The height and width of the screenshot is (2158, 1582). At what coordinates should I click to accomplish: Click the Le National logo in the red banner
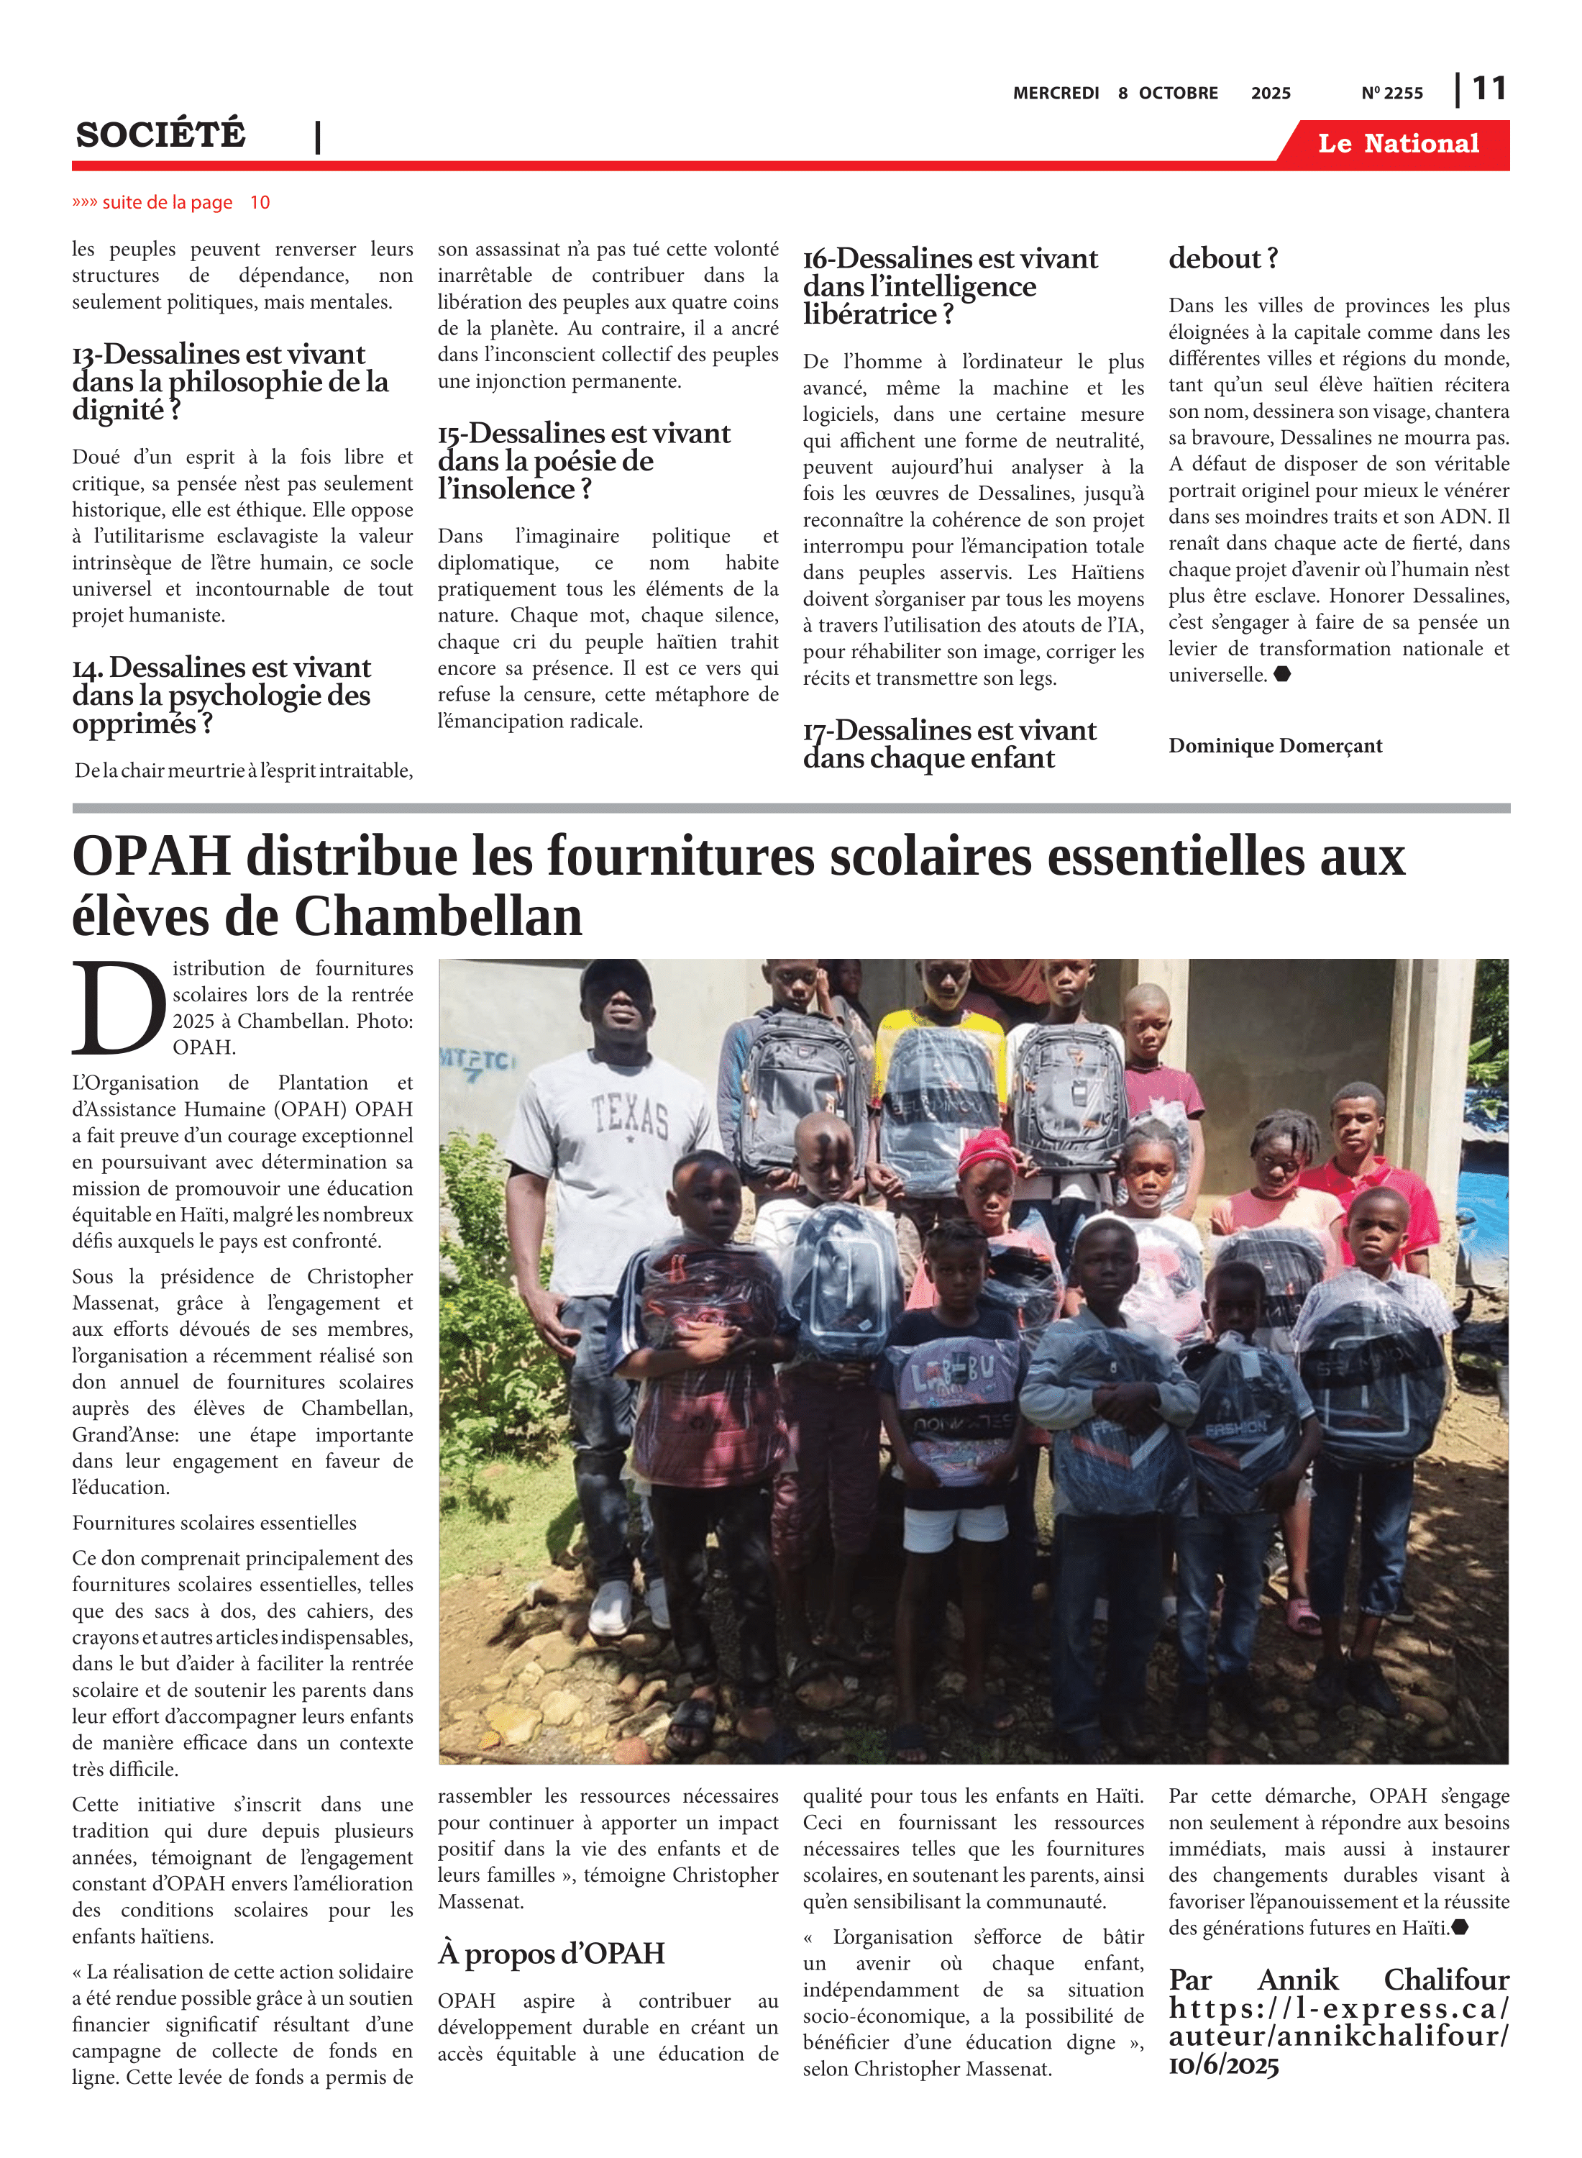tap(1397, 144)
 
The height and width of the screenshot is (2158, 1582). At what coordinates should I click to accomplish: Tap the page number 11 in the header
tap(1489, 89)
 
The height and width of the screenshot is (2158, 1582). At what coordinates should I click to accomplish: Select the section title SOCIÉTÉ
tap(161, 135)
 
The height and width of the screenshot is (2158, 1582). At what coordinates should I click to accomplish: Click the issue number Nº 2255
tap(1391, 94)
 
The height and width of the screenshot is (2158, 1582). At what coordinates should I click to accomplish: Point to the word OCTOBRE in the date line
tap(1178, 94)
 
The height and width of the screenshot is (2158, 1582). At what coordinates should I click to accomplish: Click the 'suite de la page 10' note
tap(171, 203)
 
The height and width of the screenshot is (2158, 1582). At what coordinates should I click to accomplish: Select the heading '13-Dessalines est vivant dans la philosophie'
tap(230, 382)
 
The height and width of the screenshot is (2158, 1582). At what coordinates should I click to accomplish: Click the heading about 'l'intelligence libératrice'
tap(950, 286)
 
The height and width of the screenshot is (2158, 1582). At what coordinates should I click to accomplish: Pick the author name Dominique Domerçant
tap(1275, 746)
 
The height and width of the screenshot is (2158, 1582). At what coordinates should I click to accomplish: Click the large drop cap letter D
tap(119, 1009)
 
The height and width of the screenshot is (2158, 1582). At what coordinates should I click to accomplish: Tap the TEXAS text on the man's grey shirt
tap(628, 1117)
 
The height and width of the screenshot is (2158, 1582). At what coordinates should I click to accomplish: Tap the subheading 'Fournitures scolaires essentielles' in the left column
tap(214, 1523)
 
